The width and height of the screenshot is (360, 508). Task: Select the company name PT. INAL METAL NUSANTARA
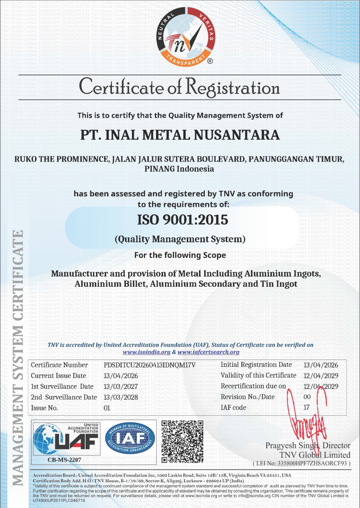coord(180,135)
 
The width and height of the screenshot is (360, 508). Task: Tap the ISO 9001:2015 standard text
coord(182,220)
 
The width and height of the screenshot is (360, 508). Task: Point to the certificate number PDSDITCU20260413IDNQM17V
coord(149,365)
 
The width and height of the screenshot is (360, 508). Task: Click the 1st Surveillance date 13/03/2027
coord(121,386)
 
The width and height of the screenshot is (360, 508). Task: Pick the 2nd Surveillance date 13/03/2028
coord(121,397)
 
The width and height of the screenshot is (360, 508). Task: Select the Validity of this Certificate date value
coord(321,376)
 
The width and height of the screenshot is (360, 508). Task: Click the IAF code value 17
coord(306,407)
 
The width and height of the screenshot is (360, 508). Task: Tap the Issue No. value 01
coord(107,408)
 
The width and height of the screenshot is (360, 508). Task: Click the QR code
coord(182,441)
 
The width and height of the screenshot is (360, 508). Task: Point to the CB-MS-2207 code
coord(64,460)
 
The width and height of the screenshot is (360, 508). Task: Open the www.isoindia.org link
coord(147,352)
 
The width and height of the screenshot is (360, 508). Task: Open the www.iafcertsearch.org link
coord(208,352)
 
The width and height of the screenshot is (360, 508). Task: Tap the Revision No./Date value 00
coord(307,397)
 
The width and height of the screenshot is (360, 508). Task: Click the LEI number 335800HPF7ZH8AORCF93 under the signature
coord(312,463)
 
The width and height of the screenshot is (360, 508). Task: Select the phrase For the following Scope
coord(180,255)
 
